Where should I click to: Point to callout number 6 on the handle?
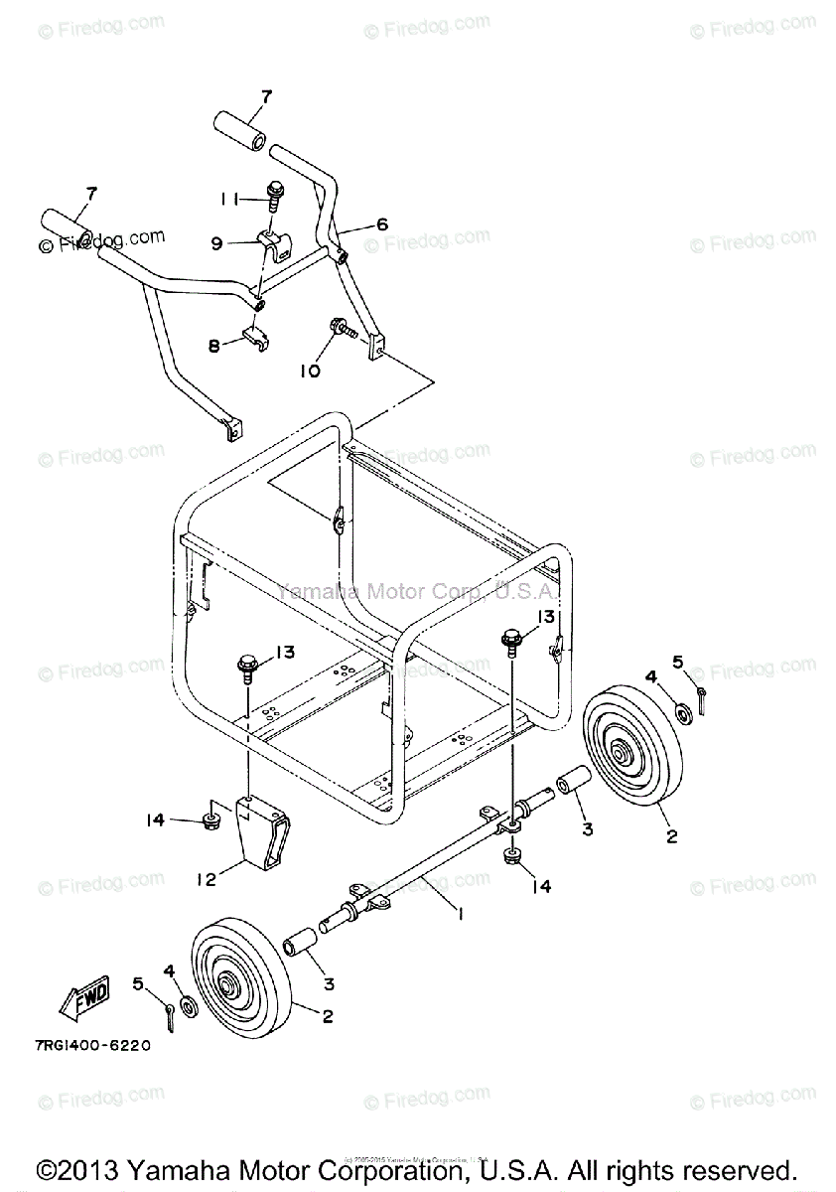[382, 225]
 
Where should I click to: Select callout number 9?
[217, 241]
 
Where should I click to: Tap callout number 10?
[310, 371]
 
